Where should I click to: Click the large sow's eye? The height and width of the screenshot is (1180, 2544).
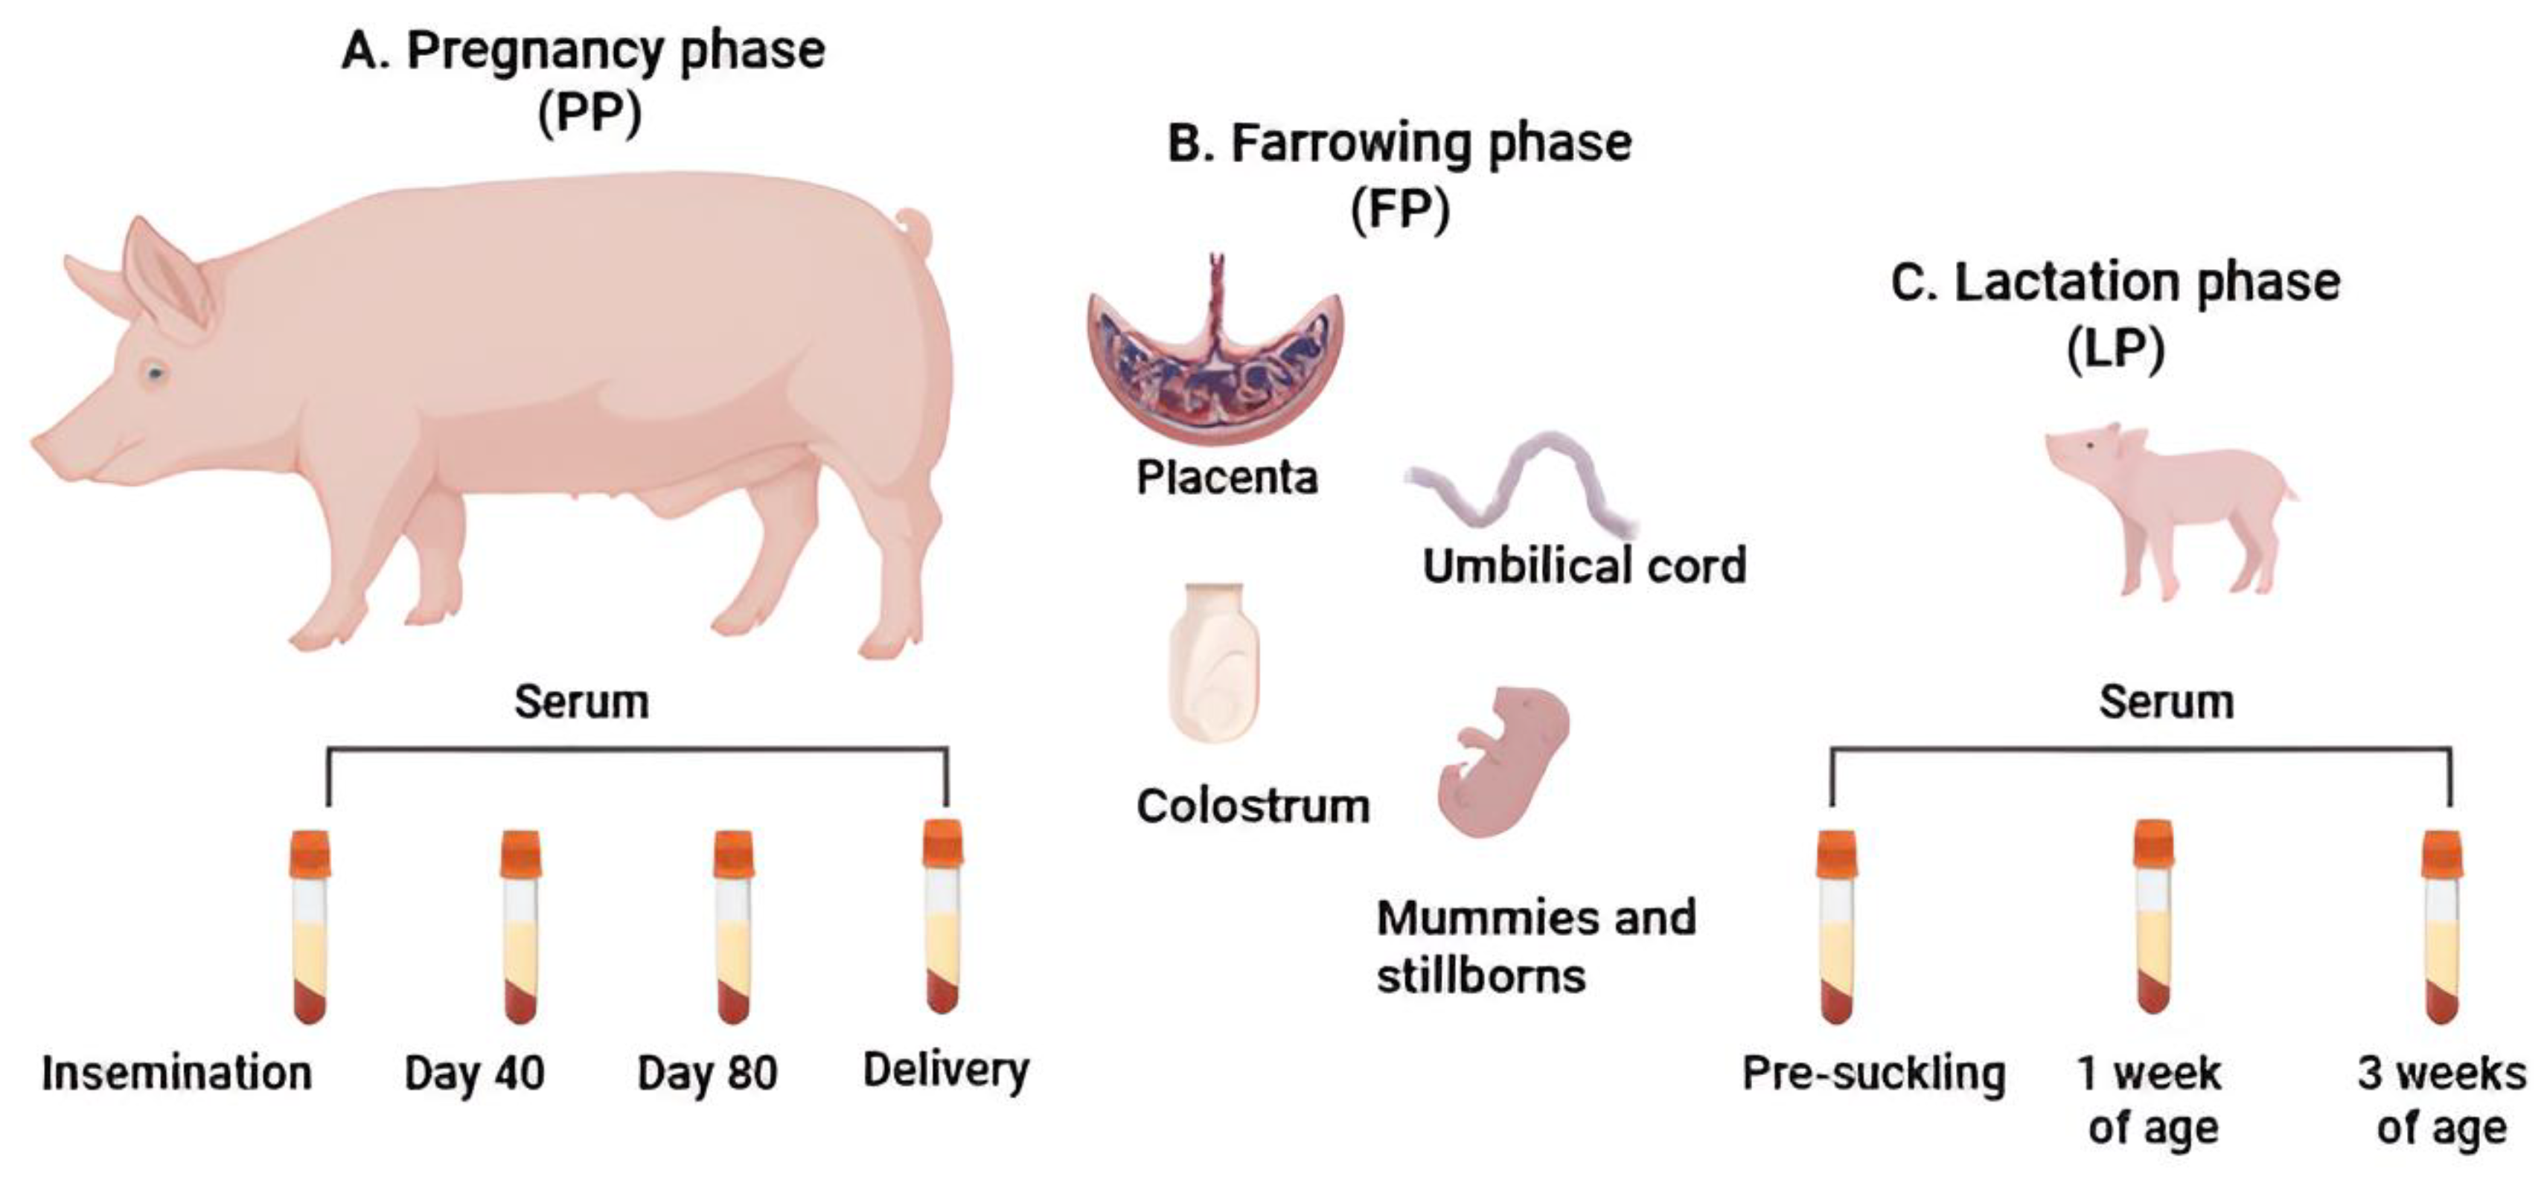(155, 373)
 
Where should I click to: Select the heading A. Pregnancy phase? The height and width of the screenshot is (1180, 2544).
(583, 51)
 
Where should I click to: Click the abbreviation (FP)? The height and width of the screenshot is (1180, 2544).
(1399, 209)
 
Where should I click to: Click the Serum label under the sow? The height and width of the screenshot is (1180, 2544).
(582, 702)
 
